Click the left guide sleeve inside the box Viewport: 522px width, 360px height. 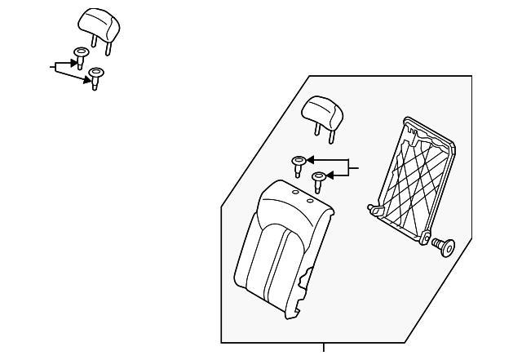coord(299,163)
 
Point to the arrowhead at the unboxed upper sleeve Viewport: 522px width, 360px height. coord(72,62)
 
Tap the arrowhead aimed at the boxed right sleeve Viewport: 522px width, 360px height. coord(331,174)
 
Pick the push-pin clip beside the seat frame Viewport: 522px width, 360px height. coord(445,244)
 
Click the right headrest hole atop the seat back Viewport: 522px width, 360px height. coord(311,199)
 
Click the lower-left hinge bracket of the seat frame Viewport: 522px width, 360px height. coord(378,211)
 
